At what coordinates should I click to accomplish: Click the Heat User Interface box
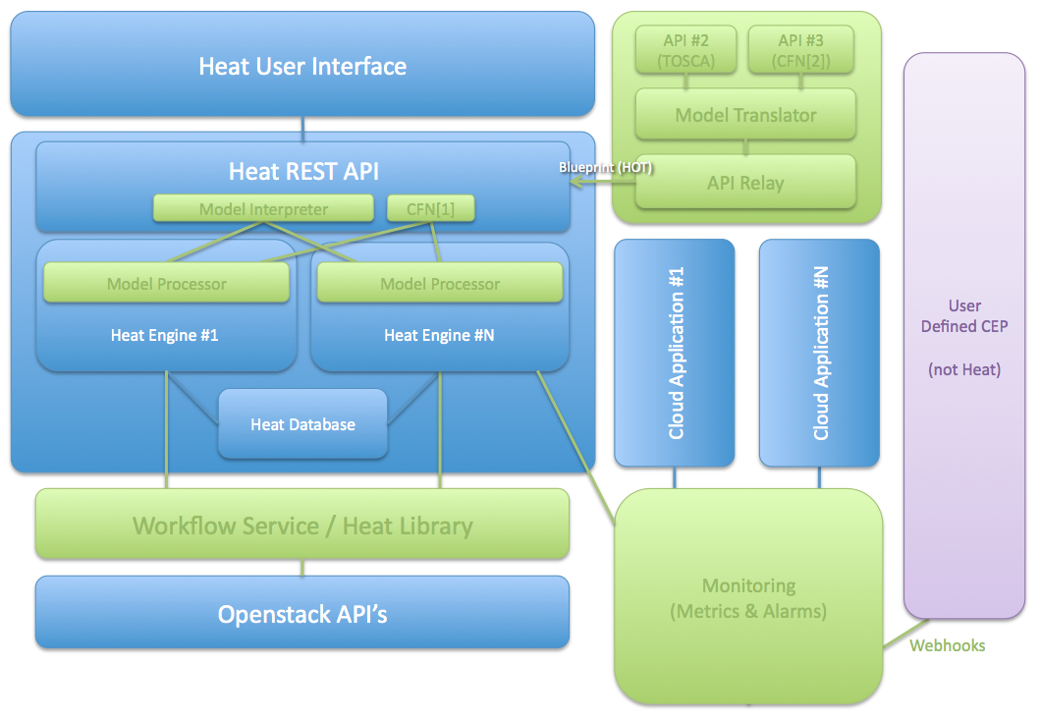302,66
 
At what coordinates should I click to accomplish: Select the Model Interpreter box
263,208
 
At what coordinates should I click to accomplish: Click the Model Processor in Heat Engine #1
166,284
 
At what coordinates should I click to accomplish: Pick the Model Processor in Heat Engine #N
440,284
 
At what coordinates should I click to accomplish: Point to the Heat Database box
302,424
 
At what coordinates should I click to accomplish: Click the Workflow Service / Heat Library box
302,526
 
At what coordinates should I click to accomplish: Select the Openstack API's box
302,614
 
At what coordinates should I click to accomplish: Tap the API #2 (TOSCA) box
686,48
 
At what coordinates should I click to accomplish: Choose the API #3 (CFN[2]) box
800,48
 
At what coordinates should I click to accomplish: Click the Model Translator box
745,115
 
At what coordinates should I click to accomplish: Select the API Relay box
745,183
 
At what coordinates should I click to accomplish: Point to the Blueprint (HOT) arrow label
605,168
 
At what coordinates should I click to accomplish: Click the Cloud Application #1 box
675,353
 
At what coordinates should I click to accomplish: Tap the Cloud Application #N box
820,353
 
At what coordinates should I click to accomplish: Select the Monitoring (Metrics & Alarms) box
748,598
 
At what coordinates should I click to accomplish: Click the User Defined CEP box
964,337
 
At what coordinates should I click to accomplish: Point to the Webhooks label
947,645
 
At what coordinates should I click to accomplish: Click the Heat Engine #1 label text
164,335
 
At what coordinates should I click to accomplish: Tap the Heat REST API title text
303,171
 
